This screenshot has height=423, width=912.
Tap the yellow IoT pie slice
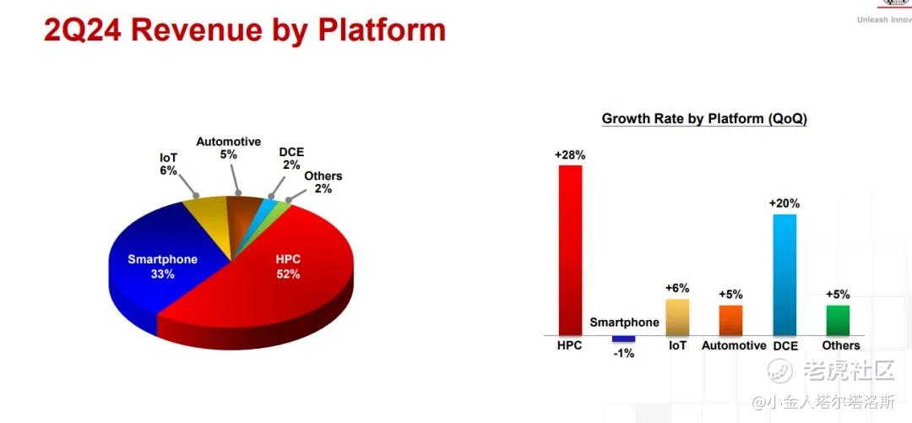[x=210, y=221]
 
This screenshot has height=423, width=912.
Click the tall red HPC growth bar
[x=570, y=250]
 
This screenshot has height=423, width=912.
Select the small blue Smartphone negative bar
[x=623, y=339]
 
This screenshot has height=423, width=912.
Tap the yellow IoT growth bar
[x=677, y=317]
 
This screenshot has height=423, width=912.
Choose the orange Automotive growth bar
[x=730, y=321]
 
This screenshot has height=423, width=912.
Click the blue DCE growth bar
[x=784, y=274]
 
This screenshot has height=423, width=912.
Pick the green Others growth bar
[x=838, y=321]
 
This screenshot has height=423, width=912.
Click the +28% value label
[x=570, y=155]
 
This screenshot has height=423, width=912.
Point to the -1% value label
[x=623, y=353]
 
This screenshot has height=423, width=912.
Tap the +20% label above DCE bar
[x=784, y=203]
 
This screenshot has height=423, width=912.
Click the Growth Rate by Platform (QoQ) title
[x=704, y=119]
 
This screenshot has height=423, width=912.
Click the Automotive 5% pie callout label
[x=229, y=149]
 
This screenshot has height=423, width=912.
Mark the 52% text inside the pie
[x=288, y=274]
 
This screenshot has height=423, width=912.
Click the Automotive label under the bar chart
[x=734, y=345]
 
